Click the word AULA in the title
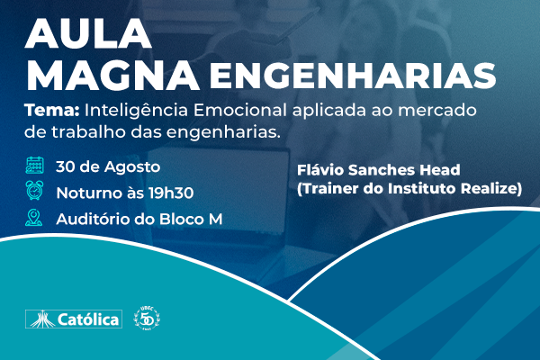88,33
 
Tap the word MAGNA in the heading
112,76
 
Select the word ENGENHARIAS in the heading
353,76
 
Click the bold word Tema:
52,111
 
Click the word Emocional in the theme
240,111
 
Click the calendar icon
34,165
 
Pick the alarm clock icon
34,190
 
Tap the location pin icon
34,218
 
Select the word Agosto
132,167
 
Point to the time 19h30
171,193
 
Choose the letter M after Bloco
216,220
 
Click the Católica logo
74,319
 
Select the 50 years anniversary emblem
147,318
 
